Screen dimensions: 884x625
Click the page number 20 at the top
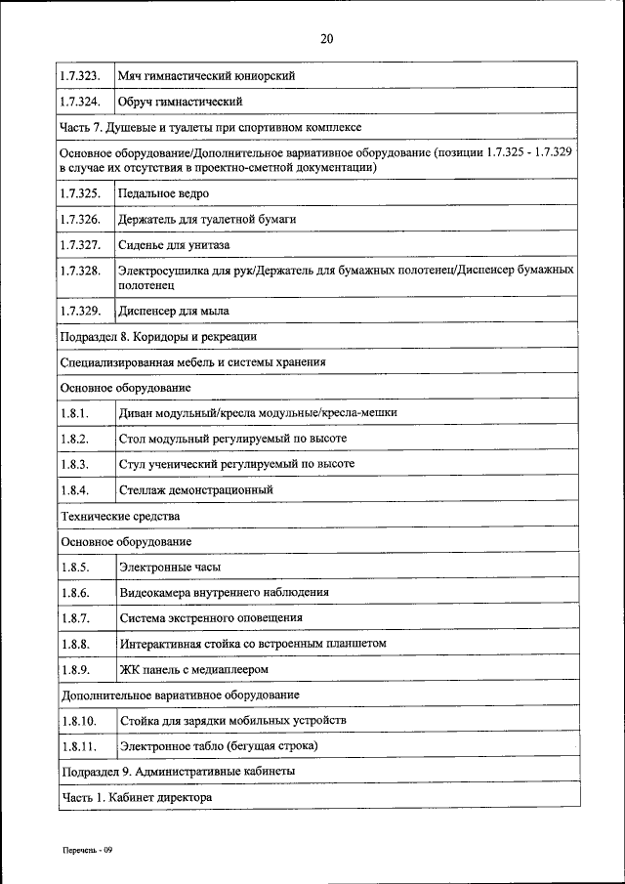tap(326, 39)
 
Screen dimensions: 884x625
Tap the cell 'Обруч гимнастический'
tap(180, 101)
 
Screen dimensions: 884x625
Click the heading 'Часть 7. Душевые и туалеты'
tap(211, 127)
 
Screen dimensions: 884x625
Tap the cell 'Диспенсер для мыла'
tap(174, 313)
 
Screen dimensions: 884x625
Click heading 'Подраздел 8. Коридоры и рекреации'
tap(158, 337)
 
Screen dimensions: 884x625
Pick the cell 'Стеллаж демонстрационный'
tap(195, 489)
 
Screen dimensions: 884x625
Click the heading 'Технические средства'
tap(120, 516)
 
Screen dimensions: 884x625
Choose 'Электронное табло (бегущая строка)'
tap(219, 746)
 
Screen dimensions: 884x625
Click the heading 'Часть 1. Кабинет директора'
tap(136, 797)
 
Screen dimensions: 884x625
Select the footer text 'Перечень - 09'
tap(84, 851)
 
